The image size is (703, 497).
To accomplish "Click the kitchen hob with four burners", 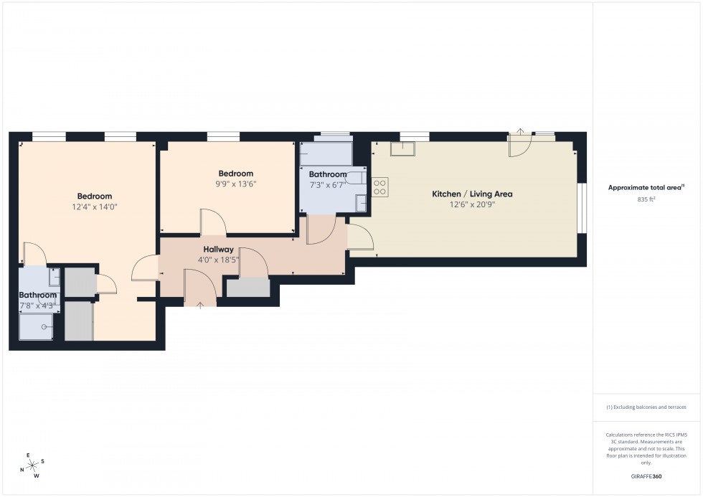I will coord(380,187).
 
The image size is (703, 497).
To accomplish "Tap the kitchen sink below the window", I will coord(403,148).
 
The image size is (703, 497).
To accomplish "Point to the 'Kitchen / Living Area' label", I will coord(471,194).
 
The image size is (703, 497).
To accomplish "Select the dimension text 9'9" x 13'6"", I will coord(235,184).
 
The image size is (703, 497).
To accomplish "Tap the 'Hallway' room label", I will coord(218,250).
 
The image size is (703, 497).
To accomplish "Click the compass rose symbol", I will coord(32,465).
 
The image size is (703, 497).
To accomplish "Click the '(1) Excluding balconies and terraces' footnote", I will coord(646,407).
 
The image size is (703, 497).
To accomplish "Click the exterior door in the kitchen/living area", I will coord(519,143).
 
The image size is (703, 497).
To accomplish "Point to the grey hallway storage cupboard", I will coord(248,288).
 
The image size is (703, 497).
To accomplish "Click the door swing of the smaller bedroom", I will coord(213,222).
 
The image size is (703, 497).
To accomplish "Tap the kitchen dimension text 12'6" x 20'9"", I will coord(471,204).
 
